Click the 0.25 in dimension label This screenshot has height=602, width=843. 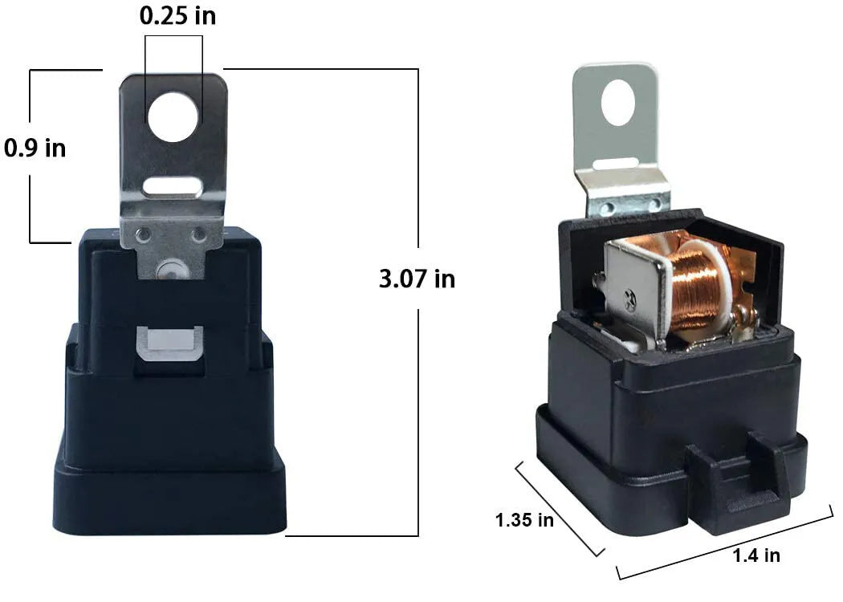178,15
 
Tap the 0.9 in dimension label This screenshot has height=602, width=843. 35,148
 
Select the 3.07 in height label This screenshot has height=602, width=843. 417,279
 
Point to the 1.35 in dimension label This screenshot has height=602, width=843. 524,520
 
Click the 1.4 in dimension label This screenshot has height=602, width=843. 756,555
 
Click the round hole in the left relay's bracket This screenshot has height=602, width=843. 173,117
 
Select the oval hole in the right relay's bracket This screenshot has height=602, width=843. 618,103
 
